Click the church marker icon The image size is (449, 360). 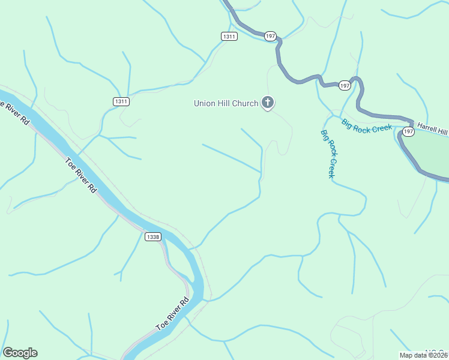click(x=268, y=103)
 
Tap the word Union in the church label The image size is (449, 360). click(x=205, y=103)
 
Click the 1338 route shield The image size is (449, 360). click(x=153, y=237)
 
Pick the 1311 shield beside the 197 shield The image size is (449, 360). click(x=229, y=37)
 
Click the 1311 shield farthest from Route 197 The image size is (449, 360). click(x=121, y=101)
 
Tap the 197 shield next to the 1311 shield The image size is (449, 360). click(x=270, y=37)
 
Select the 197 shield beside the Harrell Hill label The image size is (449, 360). click(x=408, y=131)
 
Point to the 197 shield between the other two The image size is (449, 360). click(x=344, y=86)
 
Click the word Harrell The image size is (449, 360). click(x=429, y=128)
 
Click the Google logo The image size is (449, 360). click(x=20, y=353)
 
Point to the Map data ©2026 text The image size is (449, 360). click(x=424, y=355)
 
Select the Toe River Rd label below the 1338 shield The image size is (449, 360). click(x=172, y=314)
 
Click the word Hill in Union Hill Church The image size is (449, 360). click(x=225, y=103)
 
